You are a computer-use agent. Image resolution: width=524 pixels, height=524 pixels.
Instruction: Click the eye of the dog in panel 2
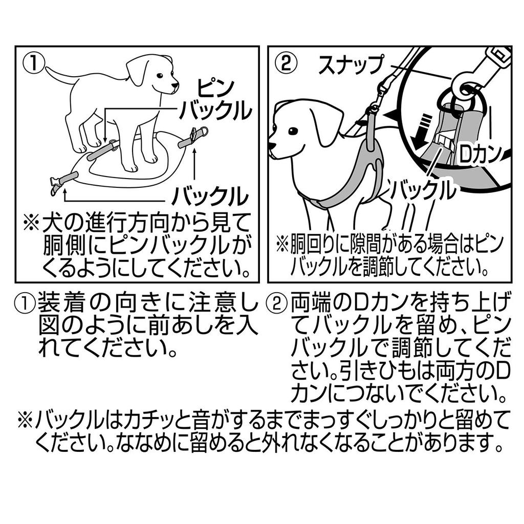(293, 131)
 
